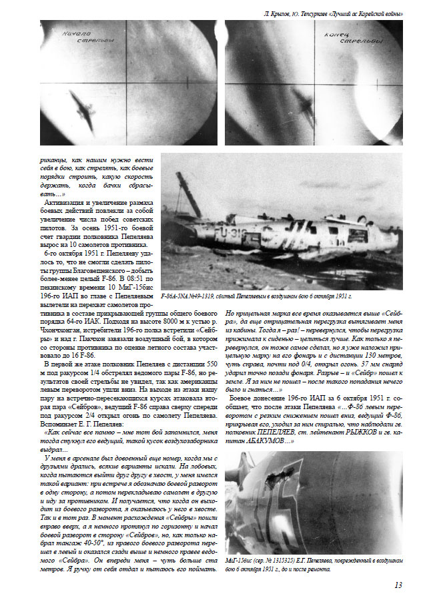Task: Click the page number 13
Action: pyautogui.click(x=398, y=585)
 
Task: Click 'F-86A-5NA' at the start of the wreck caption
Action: pyautogui.click(x=181, y=295)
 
